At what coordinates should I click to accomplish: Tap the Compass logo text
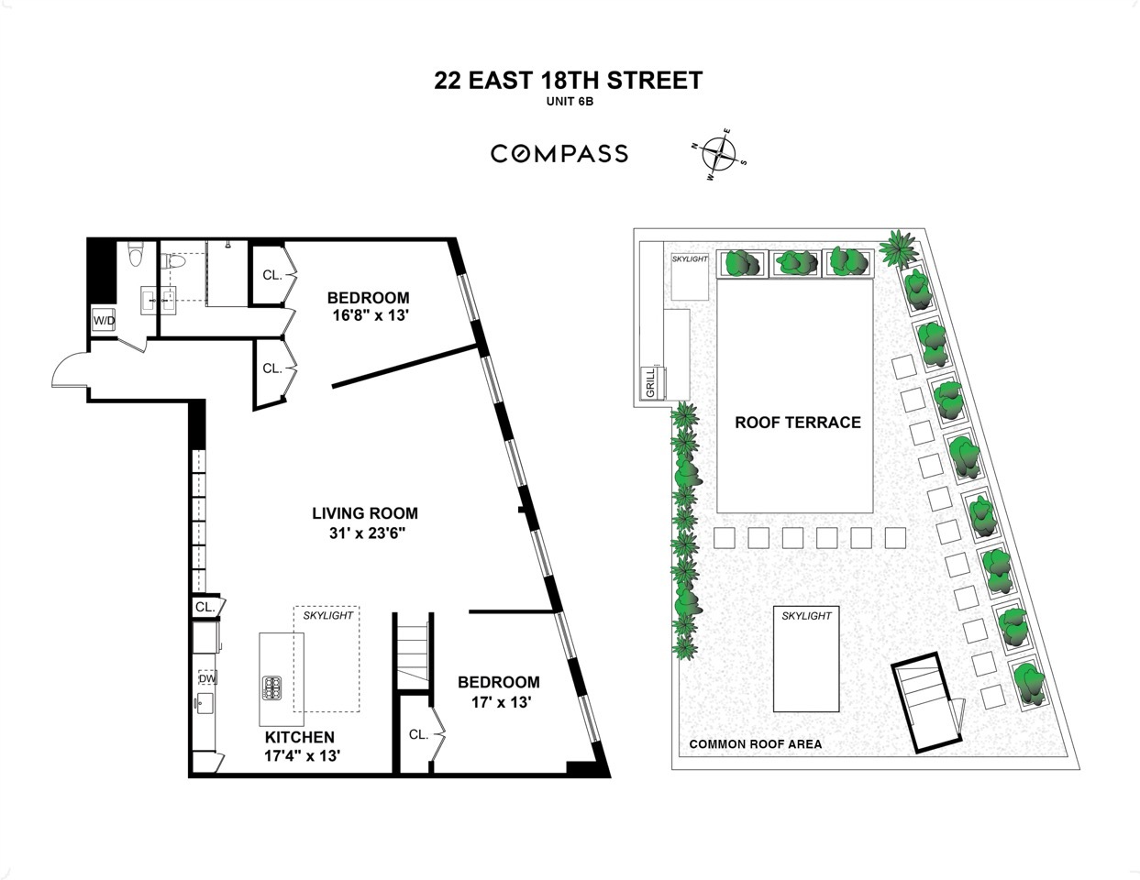coord(559,154)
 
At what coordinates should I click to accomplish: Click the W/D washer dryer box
coord(104,321)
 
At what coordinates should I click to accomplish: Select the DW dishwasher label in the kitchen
coord(207,678)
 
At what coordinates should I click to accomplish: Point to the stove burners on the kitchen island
coord(272,687)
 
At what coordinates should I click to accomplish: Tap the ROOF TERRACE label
coord(797,423)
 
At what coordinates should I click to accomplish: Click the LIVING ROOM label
coord(365,513)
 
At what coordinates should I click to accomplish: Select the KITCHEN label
coord(300,737)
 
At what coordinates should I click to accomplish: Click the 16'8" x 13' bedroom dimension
coord(368,316)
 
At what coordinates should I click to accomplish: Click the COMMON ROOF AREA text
coord(755,744)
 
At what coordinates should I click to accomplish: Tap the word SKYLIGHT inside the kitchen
coord(327,615)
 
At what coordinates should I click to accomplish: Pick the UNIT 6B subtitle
coord(568,103)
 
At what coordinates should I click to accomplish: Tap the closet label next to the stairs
coord(418,734)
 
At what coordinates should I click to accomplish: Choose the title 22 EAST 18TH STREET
coord(569,81)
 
